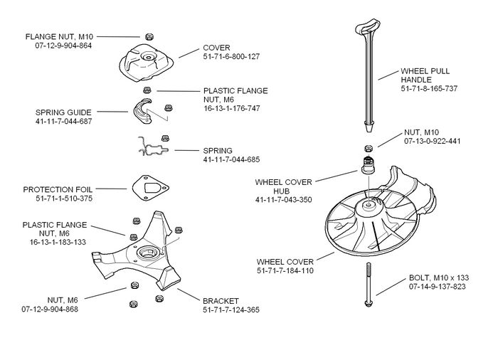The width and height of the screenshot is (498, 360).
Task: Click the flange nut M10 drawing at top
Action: coord(149,36)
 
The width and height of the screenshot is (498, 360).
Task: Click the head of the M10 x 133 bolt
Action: coord(369,303)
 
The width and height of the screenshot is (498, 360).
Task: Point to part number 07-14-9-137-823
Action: coord(437,286)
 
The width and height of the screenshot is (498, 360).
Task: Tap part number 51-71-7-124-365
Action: coord(231,310)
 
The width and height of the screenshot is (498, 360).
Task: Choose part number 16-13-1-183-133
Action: coord(58,242)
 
